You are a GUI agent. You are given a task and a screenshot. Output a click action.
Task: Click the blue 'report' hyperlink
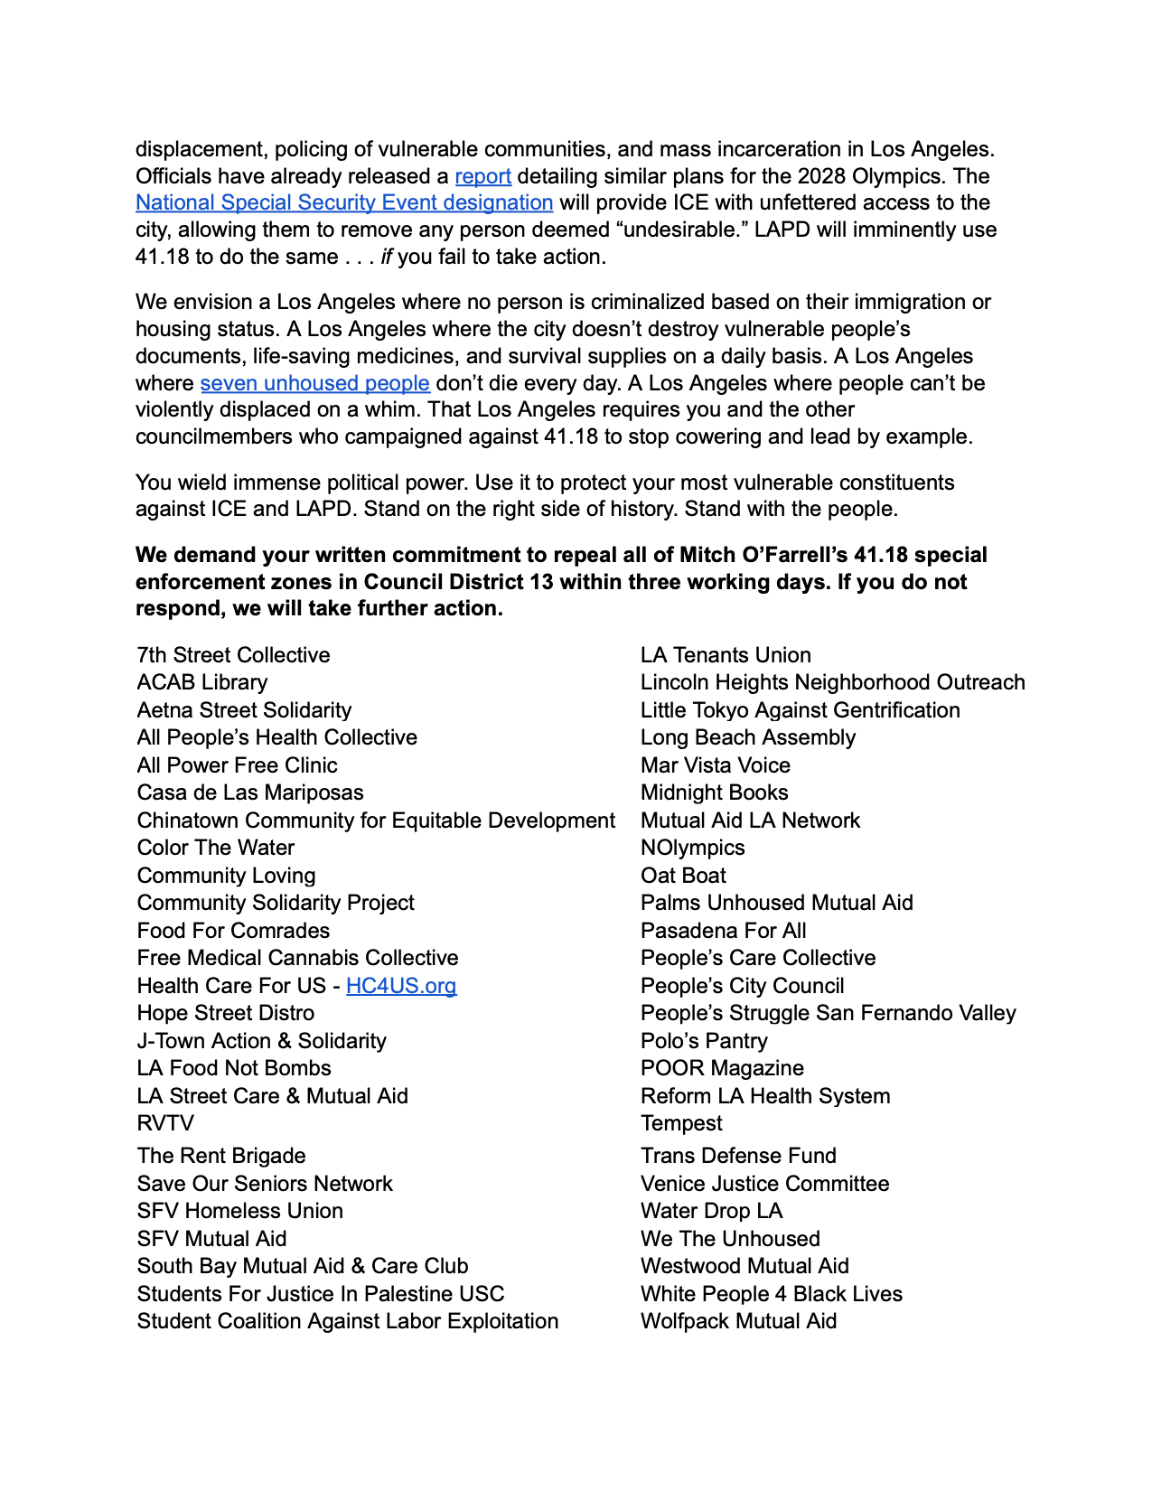pyautogui.click(x=482, y=176)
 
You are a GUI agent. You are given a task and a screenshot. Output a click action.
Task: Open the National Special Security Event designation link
pyautogui.click(x=343, y=202)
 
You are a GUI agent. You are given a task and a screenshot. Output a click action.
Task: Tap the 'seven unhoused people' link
pyautogui.click(x=314, y=383)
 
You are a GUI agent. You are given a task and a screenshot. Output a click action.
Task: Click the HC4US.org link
pyautogui.click(x=401, y=986)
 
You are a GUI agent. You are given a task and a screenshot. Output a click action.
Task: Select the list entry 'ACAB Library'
pyautogui.click(x=202, y=682)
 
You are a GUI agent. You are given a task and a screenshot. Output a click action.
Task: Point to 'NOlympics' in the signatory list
pyautogui.click(x=692, y=848)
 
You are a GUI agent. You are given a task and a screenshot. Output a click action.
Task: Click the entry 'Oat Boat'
pyautogui.click(x=683, y=876)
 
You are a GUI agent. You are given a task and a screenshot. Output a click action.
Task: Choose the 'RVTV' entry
pyautogui.click(x=165, y=1123)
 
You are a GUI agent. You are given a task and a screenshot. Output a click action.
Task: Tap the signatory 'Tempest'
pyautogui.click(x=681, y=1123)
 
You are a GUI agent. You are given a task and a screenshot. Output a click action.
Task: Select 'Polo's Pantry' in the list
pyautogui.click(x=704, y=1041)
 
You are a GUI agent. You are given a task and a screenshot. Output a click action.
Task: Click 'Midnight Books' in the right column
pyautogui.click(x=714, y=792)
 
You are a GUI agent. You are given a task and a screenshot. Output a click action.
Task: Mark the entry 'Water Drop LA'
pyautogui.click(x=711, y=1211)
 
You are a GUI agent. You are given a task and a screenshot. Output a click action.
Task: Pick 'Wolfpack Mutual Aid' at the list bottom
pyautogui.click(x=738, y=1321)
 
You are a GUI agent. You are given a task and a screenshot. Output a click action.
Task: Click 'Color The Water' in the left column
pyautogui.click(x=216, y=848)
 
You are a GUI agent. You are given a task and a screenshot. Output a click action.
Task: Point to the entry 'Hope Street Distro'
pyautogui.click(x=226, y=1013)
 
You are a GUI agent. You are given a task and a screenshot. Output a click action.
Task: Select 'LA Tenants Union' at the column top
pyautogui.click(x=726, y=655)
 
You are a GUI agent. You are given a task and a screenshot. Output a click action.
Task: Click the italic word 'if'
pyautogui.click(x=387, y=257)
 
